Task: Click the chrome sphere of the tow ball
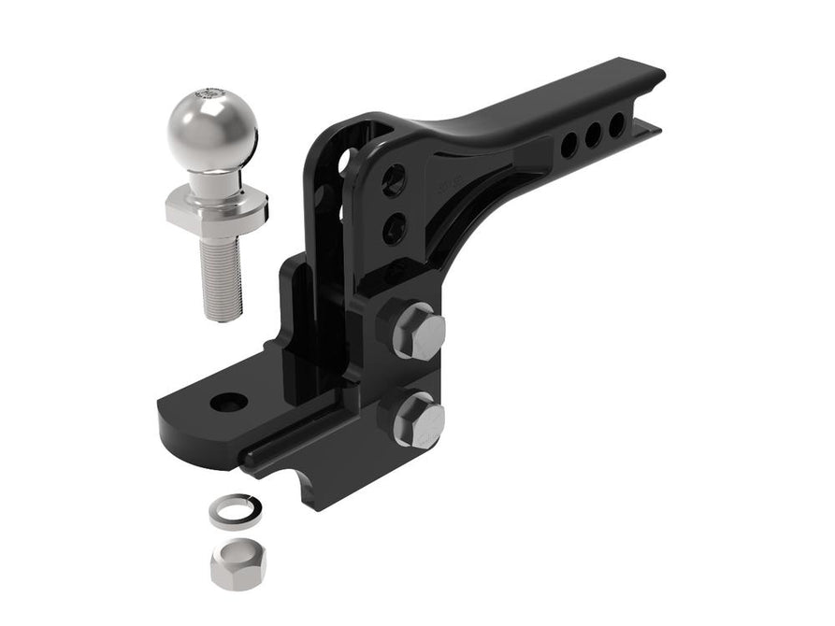click(211, 132)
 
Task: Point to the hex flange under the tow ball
click(216, 207)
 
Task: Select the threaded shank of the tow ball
click(222, 276)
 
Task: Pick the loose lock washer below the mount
click(231, 511)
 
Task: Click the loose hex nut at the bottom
click(238, 564)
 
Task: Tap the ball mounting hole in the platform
click(229, 403)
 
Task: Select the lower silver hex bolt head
click(418, 422)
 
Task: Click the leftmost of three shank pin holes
click(569, 145)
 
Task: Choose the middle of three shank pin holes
click(593, 135)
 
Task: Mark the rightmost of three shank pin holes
click(616, 124)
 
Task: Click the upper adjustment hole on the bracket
click(395, 179)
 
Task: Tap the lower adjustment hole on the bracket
click(394, 227)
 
